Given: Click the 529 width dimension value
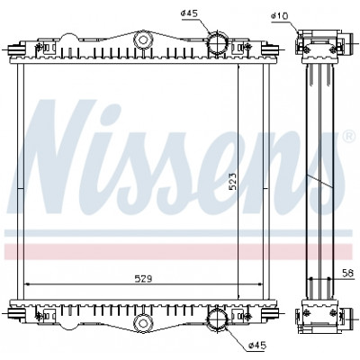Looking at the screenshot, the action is [143, 279].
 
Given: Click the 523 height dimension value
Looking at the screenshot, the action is [233, 181].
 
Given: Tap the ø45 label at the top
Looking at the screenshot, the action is [190, 13].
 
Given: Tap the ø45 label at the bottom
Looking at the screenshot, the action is [257, 346].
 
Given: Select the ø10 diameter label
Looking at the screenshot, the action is [279, 15].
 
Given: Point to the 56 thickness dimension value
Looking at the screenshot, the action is [348, 273].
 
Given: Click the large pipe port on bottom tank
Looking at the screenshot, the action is [218, 319].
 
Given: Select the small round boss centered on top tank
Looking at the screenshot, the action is [143, 40].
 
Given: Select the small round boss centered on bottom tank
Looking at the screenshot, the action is [143, 322].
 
